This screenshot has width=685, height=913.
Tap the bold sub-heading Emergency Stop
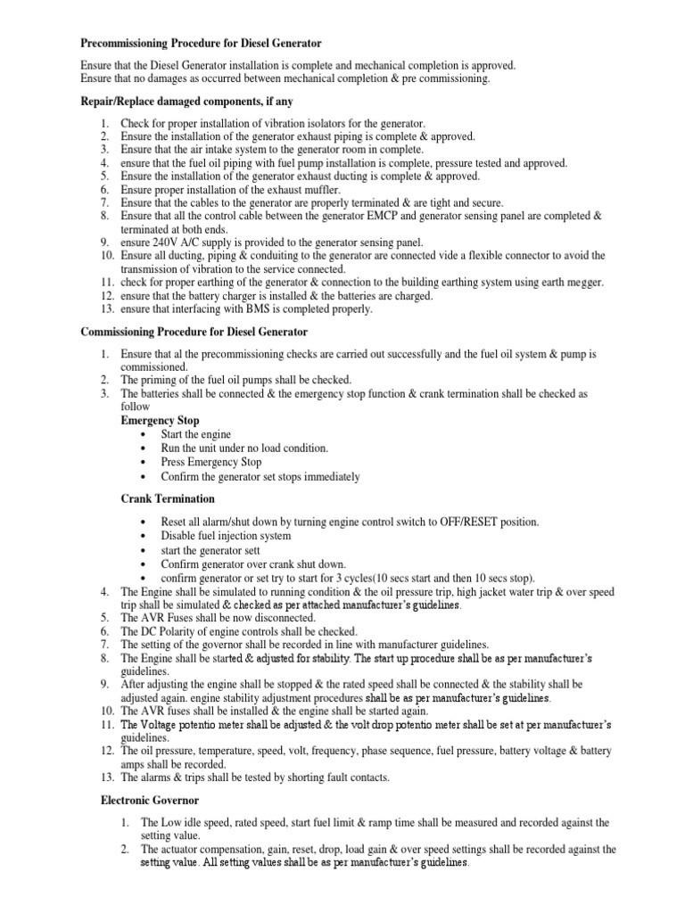pyautogui.click(x=160, y=420)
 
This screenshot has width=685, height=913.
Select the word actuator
pyautogui.click(x=166, y=850)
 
